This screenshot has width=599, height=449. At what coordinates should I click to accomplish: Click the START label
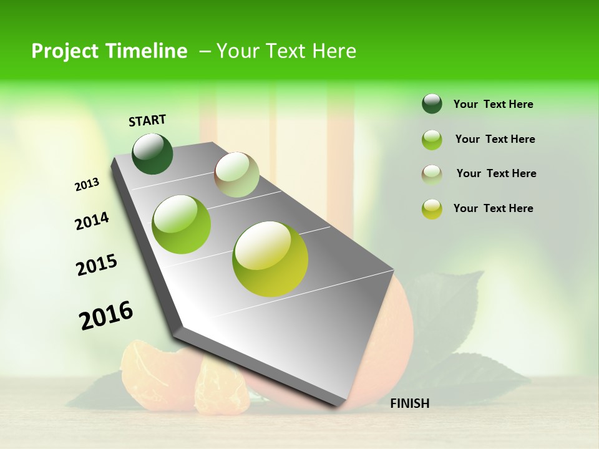point(147,120)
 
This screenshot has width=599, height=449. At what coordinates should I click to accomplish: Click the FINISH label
point(409,403)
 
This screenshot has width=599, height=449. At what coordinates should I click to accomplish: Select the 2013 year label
point(87,185)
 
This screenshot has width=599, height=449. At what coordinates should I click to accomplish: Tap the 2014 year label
point(92,221)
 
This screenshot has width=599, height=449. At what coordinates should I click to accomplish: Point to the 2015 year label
point(97,265)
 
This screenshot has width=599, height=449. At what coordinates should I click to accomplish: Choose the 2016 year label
point(106,316)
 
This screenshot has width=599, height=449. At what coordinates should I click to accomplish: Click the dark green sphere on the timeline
point(152,153)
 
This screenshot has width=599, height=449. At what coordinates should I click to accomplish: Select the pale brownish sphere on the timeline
point(236,175)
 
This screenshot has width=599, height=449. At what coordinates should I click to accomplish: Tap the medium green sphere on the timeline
point(182,224)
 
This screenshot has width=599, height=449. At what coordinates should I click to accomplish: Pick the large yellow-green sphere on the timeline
point(270,259)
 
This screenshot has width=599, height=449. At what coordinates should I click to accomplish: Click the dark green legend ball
point(432,104)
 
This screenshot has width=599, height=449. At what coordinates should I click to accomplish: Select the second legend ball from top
point(432,140)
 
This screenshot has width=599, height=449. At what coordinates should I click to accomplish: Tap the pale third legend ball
point(432,175)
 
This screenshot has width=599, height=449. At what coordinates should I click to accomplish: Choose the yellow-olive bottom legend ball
point(432,209)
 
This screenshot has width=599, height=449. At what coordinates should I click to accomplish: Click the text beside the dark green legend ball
point(493,104)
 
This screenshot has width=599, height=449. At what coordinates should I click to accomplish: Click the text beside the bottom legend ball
point(493,208)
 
